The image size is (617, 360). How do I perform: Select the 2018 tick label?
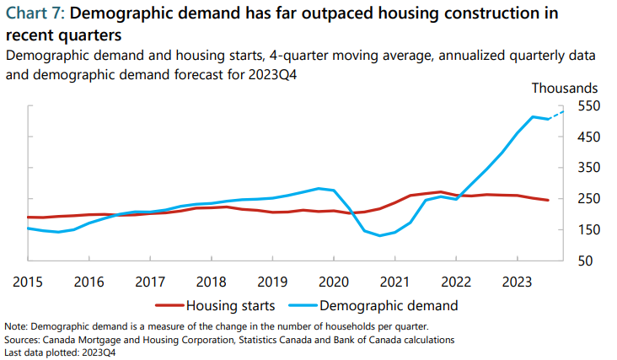click(x=210, y=281)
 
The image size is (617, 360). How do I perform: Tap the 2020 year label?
click(x=333, y=281)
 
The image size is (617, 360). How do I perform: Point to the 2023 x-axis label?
click(x=517, y=281)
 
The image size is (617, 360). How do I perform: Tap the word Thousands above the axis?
click(x=564, y=88)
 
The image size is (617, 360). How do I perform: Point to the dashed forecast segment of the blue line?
click(x=556, y=115)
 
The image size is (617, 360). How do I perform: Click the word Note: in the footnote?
click(x=16, y=326)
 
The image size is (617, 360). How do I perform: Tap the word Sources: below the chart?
click(x=23, y=340)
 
